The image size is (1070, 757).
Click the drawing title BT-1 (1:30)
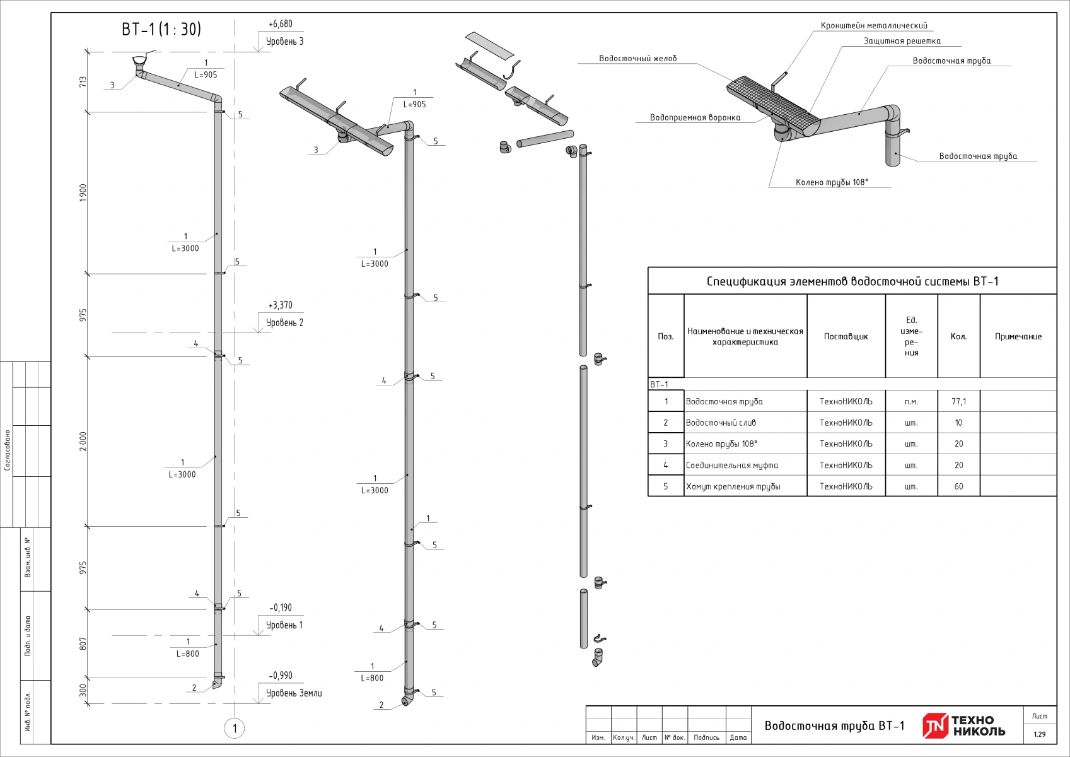[161, 29]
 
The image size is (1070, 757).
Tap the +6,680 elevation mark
[281, 24]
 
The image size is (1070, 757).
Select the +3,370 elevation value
[281, 305]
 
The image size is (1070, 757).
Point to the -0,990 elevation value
[281, 676]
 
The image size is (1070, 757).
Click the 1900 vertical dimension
[83, 193]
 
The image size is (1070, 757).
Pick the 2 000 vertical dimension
[83, 442]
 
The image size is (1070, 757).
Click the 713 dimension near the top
[83, 82]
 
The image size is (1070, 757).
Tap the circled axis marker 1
[235, 729]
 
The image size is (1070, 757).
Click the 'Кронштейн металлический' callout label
[874, 26]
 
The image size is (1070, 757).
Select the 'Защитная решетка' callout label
[902, 41]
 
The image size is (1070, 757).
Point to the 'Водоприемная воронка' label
[695, 118]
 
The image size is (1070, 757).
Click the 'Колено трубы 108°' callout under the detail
[832, 182]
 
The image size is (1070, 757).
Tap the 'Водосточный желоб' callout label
[637, 59]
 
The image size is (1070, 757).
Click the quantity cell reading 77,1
[958, 402]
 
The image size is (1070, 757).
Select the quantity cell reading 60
[958, 486]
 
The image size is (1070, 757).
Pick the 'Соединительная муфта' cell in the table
[732, 466]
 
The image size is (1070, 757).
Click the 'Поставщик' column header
[846, 337]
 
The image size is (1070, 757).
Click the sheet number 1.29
[1039, 734]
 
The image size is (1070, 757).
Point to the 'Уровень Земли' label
[294, 693]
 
